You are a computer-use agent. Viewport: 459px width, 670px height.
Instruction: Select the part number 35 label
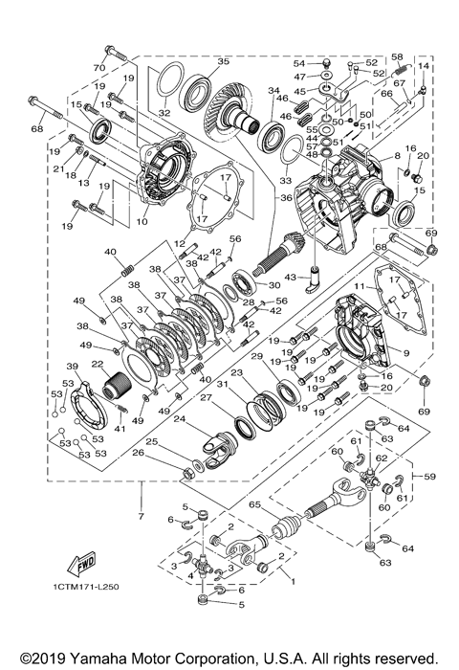point(224,62)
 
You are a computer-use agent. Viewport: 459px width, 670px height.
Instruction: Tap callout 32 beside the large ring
point(164,113)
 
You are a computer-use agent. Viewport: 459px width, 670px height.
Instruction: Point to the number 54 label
point(298,63)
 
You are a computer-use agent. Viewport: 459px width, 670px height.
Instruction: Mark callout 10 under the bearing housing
point(142,222)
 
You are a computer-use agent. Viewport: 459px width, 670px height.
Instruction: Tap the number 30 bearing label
point(274,285)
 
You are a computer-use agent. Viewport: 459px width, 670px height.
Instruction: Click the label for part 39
point(71,367)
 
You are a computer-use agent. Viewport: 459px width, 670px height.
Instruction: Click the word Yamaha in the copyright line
point(96,659)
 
